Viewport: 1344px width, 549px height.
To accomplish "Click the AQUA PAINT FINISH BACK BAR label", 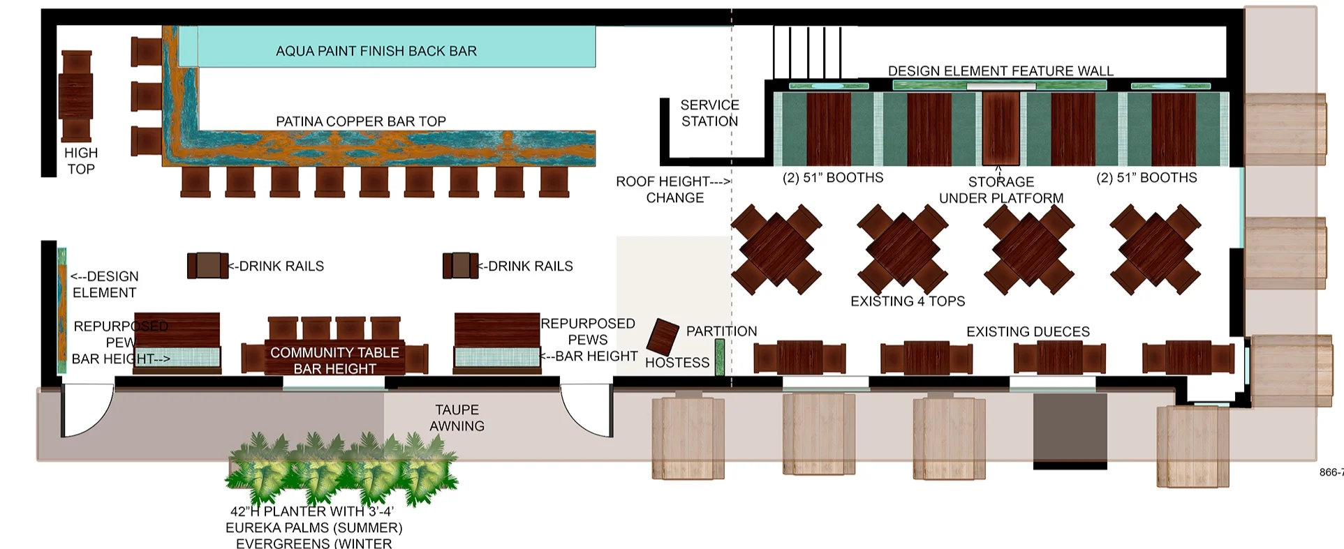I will coord(376,51).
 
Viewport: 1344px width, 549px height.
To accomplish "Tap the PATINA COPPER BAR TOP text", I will coord(360,121).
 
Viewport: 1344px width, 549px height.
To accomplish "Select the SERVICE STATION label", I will coord(709,113).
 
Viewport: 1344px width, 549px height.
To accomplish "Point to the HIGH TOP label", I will coord(81,161).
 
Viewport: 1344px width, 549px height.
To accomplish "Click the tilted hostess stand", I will coord(663,337).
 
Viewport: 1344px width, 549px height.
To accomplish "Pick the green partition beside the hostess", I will coord(719,357).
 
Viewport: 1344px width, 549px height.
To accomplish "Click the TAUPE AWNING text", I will coord(457,418).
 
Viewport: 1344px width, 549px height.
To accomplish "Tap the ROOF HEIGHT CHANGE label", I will coord(674,189).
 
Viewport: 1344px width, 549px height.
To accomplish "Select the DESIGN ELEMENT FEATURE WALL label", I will coord(1000,71).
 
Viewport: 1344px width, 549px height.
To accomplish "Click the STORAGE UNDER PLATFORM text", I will coord(1000,190).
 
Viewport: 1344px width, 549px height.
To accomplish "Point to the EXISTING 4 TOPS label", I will coord(907,301).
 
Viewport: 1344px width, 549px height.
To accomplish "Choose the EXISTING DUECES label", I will coord(1028,331).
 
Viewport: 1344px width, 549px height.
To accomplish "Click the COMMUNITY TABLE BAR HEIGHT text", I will coord(334,360).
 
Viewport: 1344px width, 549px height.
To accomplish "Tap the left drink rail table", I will coord(207,266).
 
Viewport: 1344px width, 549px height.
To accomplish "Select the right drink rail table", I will coord(460,265).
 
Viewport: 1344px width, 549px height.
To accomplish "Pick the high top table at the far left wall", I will coord(75,96).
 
